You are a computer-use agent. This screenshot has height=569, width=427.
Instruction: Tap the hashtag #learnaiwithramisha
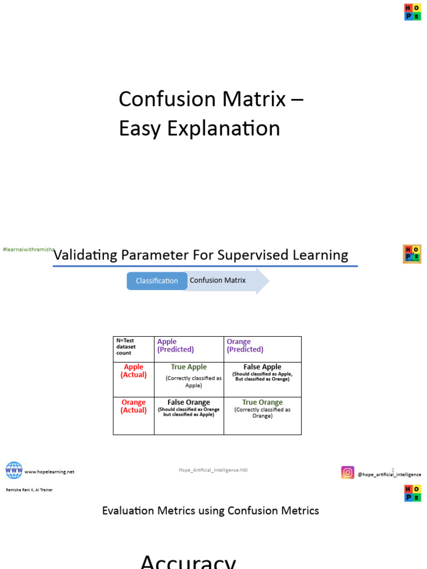28,251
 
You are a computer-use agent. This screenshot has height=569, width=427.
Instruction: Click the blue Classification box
157,281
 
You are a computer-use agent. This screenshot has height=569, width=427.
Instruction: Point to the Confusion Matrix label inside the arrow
217,281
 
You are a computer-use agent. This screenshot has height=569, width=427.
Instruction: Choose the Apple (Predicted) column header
175,346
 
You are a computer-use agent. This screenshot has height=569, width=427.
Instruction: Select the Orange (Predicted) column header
245,346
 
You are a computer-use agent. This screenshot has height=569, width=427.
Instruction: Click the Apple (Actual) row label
133,371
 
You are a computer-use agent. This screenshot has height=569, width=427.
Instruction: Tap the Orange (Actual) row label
133,406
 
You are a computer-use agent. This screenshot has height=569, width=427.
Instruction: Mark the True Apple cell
189,375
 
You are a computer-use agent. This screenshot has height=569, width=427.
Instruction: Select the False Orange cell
189,408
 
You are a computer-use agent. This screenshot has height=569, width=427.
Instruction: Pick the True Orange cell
262,408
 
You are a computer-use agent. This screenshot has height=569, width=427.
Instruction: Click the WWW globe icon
14,470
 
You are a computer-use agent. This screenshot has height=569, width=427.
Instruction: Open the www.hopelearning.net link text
49,472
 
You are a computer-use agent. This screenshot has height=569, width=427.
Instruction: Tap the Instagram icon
347,472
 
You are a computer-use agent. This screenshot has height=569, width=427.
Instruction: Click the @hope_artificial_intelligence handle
389,475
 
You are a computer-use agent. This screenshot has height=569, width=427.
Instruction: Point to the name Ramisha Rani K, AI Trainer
29,490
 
